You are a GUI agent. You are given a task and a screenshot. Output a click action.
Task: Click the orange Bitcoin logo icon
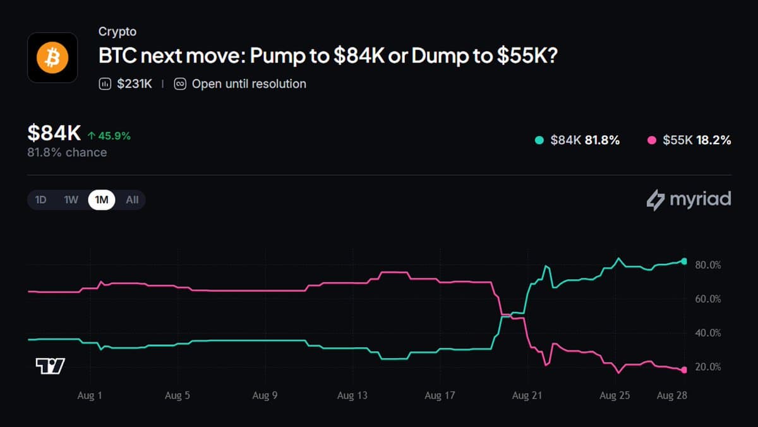[52, 58]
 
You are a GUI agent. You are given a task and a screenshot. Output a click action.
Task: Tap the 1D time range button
[40, 200]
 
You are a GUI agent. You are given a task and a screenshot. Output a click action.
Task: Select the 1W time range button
[71, 200]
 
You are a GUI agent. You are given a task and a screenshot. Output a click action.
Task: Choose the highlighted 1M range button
[102, 200]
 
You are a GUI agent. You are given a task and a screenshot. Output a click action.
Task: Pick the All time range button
[132, 200]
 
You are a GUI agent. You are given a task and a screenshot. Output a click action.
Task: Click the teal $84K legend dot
[539, 140]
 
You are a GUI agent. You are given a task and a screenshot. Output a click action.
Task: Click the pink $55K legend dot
[652, 140]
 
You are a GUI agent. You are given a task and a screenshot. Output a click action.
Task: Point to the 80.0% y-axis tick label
[708, 265]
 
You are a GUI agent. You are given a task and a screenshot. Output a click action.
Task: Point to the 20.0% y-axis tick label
[708, 367]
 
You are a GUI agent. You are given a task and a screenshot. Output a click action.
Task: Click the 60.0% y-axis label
[708, 299]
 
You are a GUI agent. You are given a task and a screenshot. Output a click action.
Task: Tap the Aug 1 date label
[90, 395]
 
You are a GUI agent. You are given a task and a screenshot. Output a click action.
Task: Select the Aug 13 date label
[352, 395]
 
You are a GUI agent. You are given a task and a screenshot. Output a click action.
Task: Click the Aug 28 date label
[672, 395]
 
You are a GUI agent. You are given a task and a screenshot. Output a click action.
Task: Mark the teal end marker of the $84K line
[684, 261]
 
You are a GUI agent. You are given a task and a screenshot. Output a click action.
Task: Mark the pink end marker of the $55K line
[684, 370]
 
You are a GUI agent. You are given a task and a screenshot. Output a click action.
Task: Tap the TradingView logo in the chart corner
[50, 366]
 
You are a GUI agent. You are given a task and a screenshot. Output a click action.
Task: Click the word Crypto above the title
[117, 32]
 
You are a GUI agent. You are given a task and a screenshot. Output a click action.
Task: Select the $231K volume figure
[135, 84]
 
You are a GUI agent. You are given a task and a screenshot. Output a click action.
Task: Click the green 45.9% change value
[114, 136]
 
